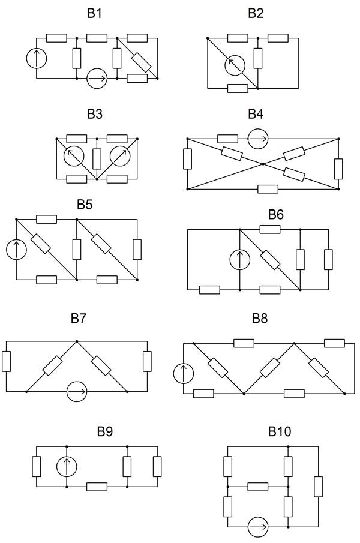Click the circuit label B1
[x=94, y=13]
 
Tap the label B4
[x=256, y=114]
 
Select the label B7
[x=79, y=318]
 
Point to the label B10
[x=280, y=431]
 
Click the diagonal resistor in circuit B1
[x=142, y=62]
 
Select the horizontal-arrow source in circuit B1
[x=97, y=79]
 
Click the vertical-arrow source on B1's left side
[x=37, y=58]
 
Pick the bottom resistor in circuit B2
[x=238, y=88]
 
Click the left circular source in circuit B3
[x=74, y=156]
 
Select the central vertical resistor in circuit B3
[x=97, y=159]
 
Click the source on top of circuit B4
[x=258, y=139]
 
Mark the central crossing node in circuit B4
[x=263, y=164]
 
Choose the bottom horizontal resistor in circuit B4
[x=268, y=189]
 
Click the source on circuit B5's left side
[x=16, y=250]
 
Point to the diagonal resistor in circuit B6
[x=270, y=260]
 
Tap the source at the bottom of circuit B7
[x=77, y=392]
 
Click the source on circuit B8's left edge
[x=184, y=373]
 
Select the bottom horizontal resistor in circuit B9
[x=97, y=487]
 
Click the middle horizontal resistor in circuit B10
[x=258, y=487]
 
